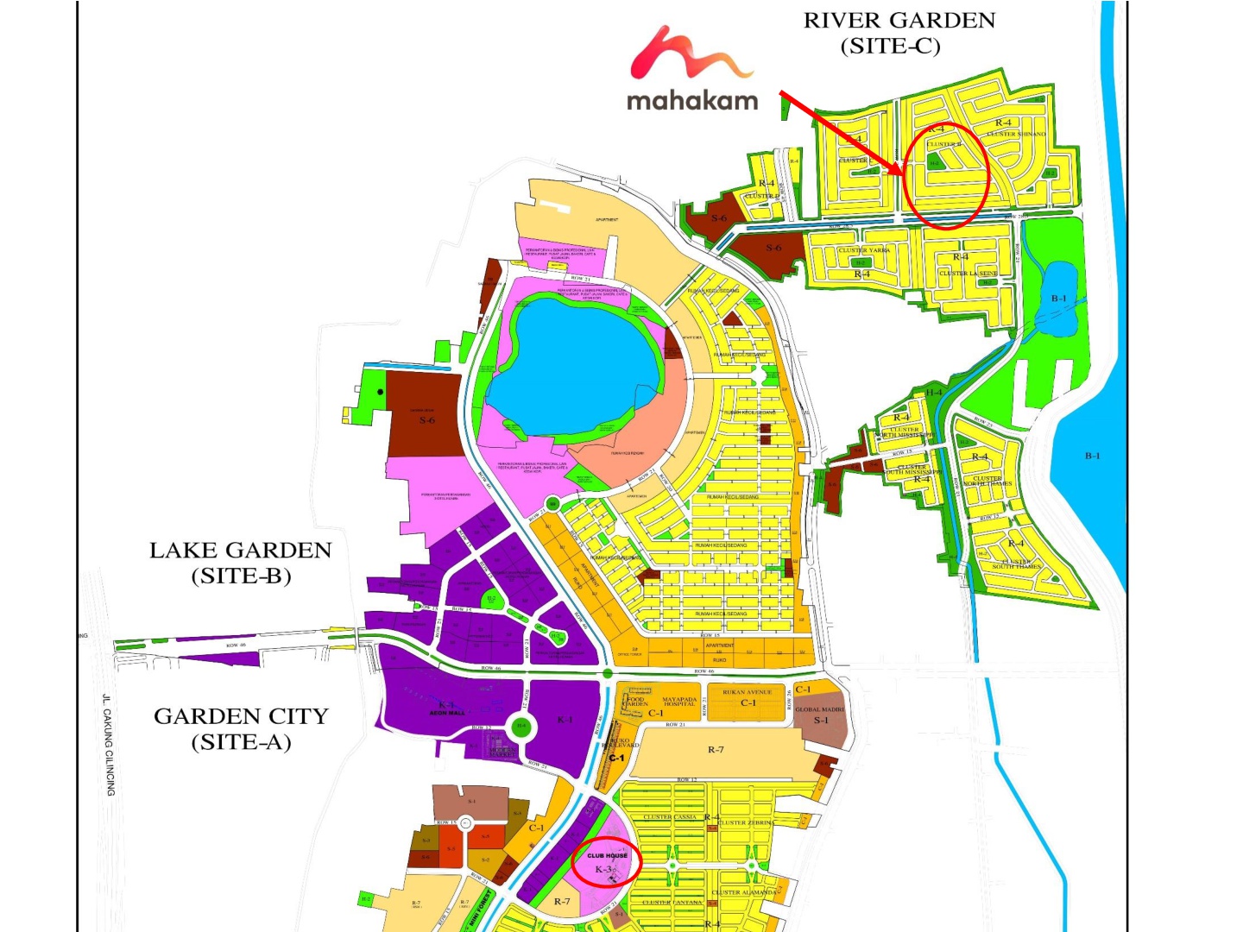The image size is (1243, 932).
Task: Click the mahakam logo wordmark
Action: pos(692,100)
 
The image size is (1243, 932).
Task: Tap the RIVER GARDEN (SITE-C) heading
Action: pos(899,33)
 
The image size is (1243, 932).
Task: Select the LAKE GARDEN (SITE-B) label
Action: pos(240,563)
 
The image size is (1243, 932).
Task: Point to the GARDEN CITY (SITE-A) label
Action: pos(241,728)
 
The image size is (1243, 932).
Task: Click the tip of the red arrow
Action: pos(903,175)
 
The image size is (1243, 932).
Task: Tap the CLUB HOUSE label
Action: pos(608,855)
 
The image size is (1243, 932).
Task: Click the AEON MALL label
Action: pos(447,713)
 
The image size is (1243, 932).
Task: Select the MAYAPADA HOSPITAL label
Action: pos(679,702)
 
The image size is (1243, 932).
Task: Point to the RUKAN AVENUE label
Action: pos(748,692)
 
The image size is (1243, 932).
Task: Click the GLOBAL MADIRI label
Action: pos(820,709)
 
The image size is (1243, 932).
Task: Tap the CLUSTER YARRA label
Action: pos(863,250)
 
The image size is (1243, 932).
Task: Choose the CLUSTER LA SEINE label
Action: pos(969,273)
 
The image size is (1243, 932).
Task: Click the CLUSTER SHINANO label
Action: pos(1016,135)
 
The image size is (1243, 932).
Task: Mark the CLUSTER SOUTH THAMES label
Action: pos(1016,564)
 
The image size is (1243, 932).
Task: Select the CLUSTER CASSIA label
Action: pos(670,816)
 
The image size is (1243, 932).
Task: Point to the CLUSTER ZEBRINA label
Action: pos(746,822)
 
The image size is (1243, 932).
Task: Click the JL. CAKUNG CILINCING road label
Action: pos(109,744)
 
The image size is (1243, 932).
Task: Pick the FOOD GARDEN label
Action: pos(636,702)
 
